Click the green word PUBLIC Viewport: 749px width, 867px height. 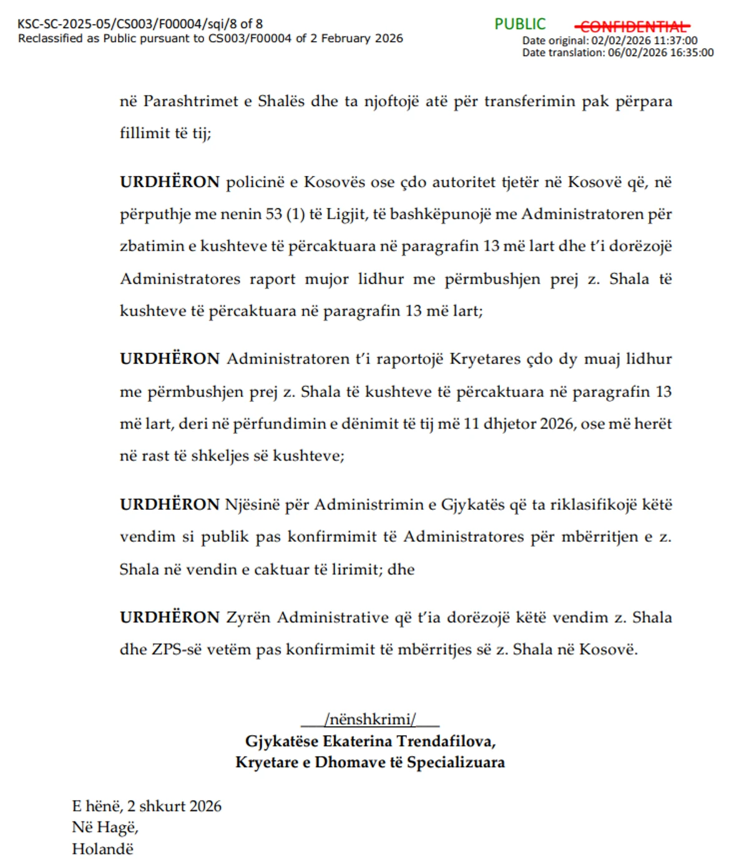point(520,24)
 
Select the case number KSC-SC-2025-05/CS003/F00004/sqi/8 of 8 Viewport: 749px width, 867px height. point(140,24)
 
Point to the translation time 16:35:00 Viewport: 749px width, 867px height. point(692,53)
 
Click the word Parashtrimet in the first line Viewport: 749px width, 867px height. point(190,101)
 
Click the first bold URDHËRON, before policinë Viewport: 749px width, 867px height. point(169,182)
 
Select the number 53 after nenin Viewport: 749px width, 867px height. point(273,214)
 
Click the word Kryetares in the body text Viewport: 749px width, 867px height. point(485,360)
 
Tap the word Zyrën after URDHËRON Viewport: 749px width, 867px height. point(248,617)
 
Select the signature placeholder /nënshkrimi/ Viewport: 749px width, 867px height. point(370,720)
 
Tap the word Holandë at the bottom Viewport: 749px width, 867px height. point(102,849)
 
